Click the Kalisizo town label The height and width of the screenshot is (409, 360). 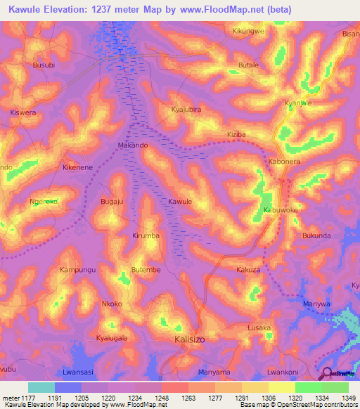pyautogui.click(x=189, y=339)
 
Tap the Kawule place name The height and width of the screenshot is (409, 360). pyautogui.click(x=180, y=202)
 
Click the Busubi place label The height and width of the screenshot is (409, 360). pyautogui.click(x=44, y=65)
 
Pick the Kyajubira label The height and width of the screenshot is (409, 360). pyautogui.click(x=186, y=110)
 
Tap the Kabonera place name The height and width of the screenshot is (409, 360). pyautogui.click(x=285, y=162)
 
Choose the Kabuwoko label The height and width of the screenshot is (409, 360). pyautogui.click(x=281, y=210)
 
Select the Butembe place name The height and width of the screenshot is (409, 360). pyautogui.click(x=146, y=270)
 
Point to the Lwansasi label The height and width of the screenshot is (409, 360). pyautogui.click(x=77, y=372)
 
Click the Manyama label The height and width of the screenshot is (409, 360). pyautogui.click(x=214, y=372)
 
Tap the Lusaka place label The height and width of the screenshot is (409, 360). pyautogui.click(x=259, y=328)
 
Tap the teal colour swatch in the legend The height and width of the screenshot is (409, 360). pyautogui.click(x=41, y=387)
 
